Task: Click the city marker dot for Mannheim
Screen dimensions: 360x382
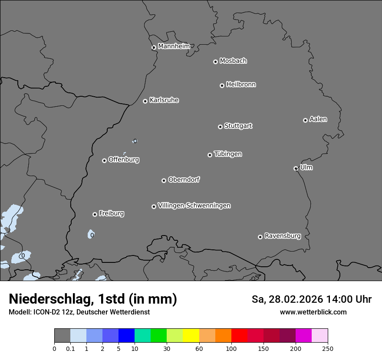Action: pos(153,48)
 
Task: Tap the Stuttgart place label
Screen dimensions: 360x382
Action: pos(238,126)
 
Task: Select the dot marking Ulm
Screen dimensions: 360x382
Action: pos(296,168)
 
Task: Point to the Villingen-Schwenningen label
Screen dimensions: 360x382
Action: pos(194,206)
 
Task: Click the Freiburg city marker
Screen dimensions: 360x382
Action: pos(95,214)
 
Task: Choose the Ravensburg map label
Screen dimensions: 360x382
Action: pos(283,236)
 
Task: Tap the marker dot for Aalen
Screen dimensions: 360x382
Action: pos(305,120)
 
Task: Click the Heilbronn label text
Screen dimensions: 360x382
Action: pos(241,85)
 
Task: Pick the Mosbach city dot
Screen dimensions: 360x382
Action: pos(215,62)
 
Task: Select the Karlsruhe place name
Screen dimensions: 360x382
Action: pos(164,100)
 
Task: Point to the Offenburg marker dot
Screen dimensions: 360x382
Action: pos(104,160)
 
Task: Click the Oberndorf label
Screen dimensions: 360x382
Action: pos(184,180)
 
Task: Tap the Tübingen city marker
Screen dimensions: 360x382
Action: pos(210,155)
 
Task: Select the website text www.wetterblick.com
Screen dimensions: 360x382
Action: pos(313,312)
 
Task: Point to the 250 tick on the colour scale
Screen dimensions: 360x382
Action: pos(328,348)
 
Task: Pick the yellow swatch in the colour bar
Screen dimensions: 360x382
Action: pos(191,336)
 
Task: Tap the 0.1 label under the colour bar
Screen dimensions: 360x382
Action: pos(70,348)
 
